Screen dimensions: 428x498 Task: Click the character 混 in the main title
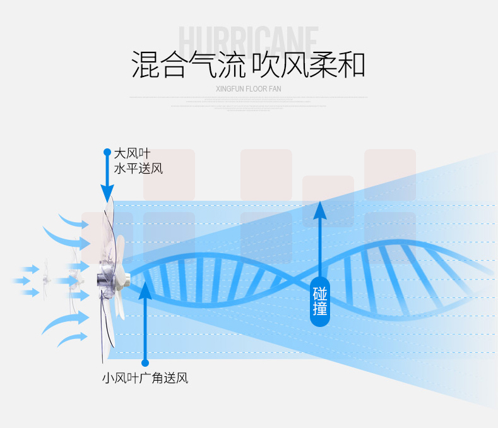click(x=145, y=64)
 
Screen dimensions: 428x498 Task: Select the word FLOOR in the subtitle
click(x=258, y=89)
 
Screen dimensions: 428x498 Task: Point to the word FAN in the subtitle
click(x=275, y=89)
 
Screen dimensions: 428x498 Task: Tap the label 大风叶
click(x=132, y=153)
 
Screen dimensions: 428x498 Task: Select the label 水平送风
click(x=138, y=169)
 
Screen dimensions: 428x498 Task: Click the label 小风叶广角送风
click(x=145, y=379)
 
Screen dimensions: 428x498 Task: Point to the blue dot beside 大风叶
click(x=107, y=153)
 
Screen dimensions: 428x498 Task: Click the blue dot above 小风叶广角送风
click(x=145, y=363)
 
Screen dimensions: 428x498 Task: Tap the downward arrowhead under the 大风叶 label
click(x=107, y=193)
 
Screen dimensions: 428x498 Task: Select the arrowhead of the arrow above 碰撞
click(x=320, y=209)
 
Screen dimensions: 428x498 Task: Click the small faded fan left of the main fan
click(x=45, y=280)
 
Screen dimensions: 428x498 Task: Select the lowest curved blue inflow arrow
click(x=71, y=339)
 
